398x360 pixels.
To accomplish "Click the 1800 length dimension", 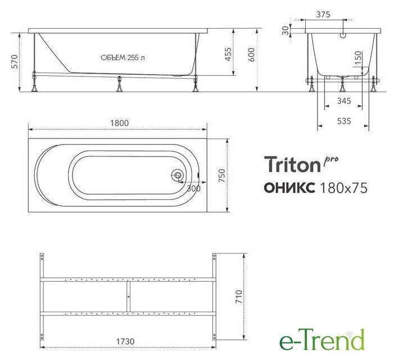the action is (119, 123).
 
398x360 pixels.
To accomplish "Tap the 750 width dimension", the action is (221, 175).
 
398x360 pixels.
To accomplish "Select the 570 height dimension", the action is (15, 61).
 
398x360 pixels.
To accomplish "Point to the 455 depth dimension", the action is (228, 54).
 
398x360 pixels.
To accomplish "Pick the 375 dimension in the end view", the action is (323, 15).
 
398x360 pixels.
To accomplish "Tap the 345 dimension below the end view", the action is (344, 101).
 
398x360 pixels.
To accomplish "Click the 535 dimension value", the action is (344, 121).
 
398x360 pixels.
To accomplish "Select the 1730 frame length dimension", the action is (125, 341).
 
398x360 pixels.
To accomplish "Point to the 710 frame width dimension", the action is (239, 296).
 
